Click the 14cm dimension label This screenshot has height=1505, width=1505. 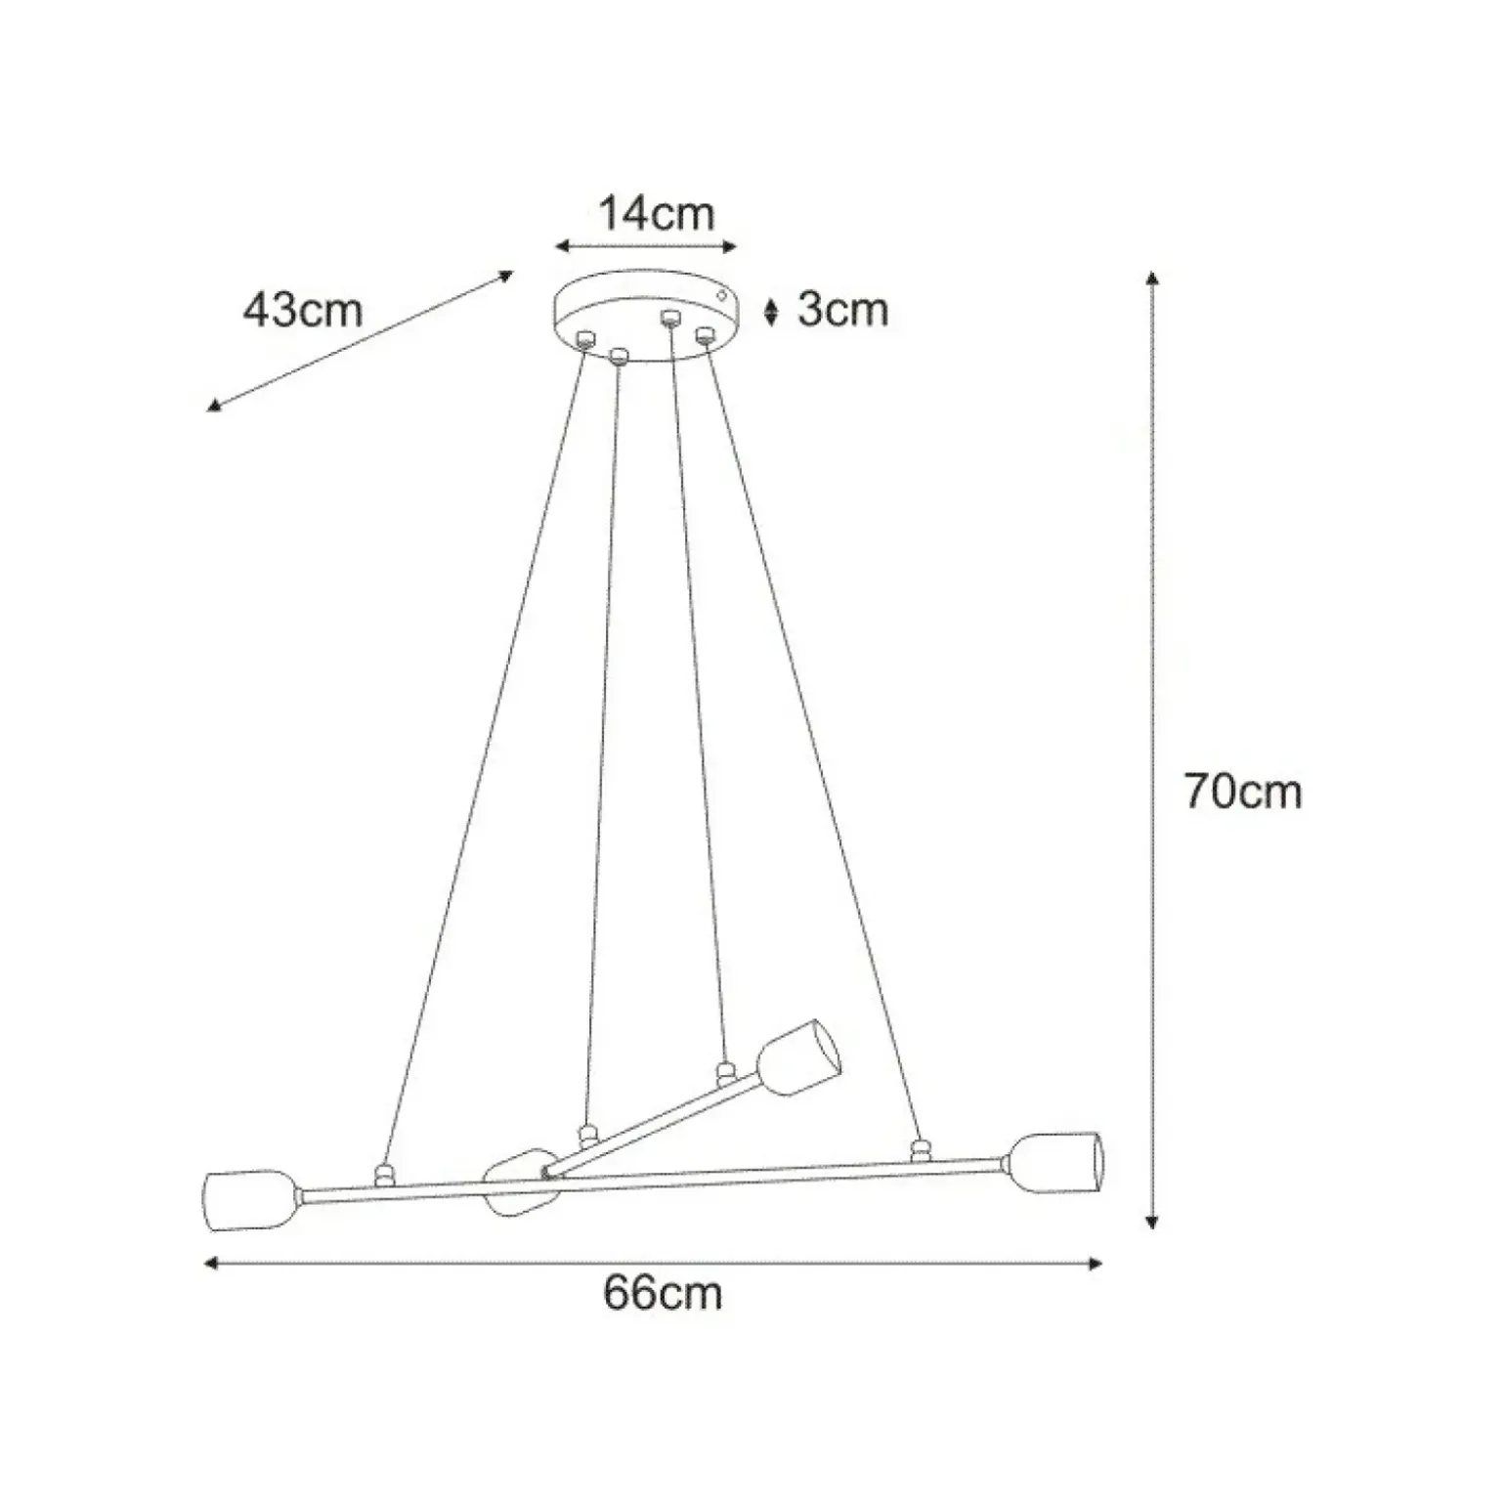point(656,214)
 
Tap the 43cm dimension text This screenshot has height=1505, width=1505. point(303,310)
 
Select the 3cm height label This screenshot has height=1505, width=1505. point(842,310)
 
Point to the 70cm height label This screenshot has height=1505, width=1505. point(1243,791)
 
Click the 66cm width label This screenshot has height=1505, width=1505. point(663,1293)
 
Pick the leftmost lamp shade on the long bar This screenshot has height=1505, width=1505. point(249,1199)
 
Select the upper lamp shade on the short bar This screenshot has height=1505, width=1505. point(799,1059)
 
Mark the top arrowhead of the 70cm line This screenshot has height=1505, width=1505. point(1153,278)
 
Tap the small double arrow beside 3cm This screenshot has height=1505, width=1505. point(771,311)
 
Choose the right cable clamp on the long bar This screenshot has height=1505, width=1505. point(918,1150)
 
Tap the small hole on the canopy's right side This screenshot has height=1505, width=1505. point(722,293)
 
